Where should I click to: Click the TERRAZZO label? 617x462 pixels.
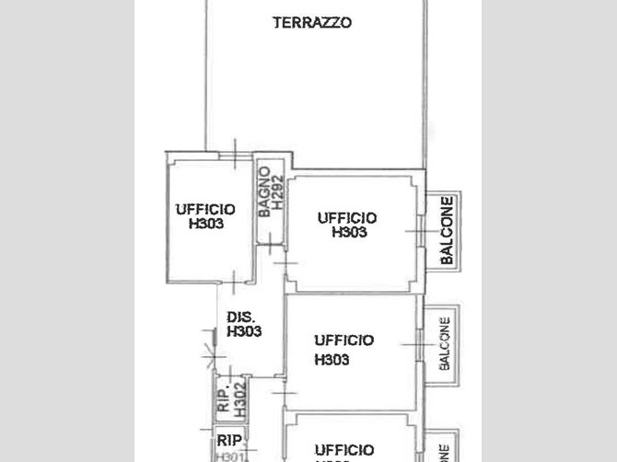click(312, 23)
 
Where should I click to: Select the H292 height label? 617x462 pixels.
click(276, 195)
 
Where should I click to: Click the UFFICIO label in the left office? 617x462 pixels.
click(204, 210)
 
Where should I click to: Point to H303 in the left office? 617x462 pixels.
click(205, 224)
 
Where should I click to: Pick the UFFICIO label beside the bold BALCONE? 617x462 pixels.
click(347, 218)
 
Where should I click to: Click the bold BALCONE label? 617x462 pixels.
click(447, 231)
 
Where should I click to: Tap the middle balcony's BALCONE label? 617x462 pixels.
click(445, 344)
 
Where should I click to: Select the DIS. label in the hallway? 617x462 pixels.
click(241, 318)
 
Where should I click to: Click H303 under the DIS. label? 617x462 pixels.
click(244, 332)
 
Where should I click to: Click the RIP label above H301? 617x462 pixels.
click(228, 441)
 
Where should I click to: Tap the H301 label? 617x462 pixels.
click(228, 455)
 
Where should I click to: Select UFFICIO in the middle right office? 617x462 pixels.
click(343, 341)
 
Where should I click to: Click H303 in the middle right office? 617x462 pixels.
click(332, 360)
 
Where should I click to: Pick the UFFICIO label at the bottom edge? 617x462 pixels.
click(343, 450)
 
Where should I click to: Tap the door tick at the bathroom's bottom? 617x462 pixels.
click(269, 244)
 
